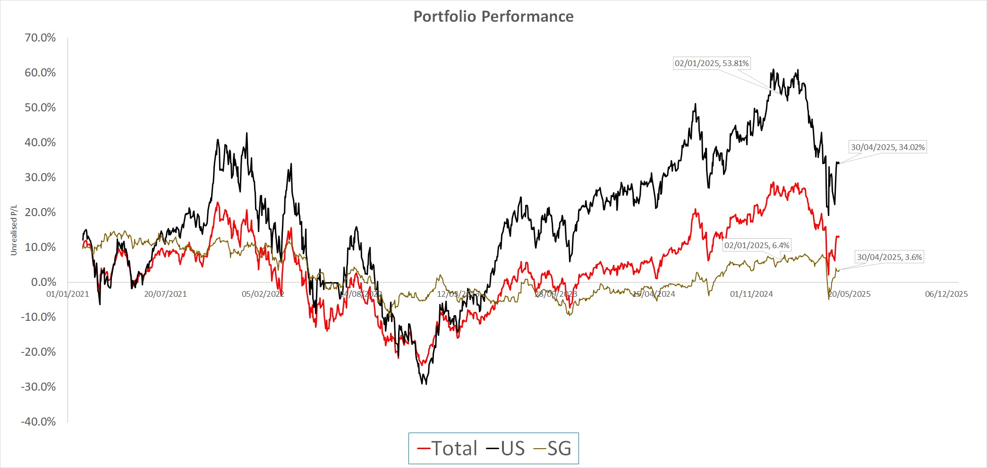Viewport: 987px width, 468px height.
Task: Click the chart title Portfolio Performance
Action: tap(493, 17)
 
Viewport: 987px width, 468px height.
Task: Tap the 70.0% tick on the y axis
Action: tap(40, 38)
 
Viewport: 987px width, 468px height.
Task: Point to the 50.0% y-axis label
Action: tap(40, 108)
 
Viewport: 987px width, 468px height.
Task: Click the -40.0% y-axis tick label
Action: tap(38, 422)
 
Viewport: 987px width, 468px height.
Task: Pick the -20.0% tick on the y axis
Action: tap(38, 352)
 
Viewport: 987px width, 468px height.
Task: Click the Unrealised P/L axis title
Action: tap(14, 230)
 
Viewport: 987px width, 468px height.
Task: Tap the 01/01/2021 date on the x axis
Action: tap(68, 294)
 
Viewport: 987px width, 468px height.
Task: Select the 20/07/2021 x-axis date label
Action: tap(165, 294)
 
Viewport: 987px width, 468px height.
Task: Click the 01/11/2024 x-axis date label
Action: tap(751, 294)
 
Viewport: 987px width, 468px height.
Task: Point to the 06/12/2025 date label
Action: tap(946, 294)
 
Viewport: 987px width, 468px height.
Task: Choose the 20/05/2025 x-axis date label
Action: tap(849, 294)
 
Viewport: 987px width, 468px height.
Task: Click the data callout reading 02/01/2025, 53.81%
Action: tap(712, 63)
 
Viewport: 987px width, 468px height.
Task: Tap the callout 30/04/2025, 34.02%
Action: tap(888, 147)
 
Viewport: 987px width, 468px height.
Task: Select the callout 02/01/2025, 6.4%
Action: tap(757, 245)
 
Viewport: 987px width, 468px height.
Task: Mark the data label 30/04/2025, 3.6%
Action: tap(889, 257)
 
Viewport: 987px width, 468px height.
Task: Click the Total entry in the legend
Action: tap(448, 448)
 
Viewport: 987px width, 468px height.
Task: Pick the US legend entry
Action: tap(506, 448)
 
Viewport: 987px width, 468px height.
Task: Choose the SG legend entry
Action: tap(553, 448)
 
